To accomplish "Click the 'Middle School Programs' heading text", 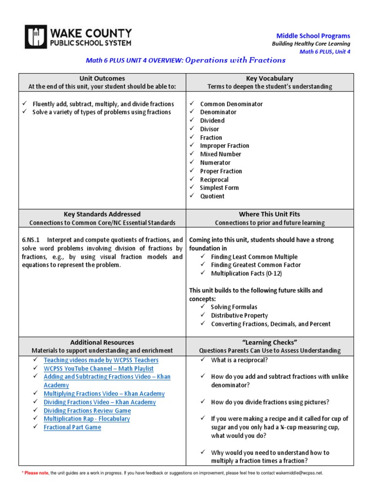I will [313, 36].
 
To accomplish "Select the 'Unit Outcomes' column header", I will [102, 78].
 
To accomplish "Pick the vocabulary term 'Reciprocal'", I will [215, 179].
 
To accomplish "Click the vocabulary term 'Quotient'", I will [212, 196].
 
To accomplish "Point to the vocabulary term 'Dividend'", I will [212, 121].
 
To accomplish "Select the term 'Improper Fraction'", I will [225, 146].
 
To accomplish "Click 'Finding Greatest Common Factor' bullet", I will [256, 265].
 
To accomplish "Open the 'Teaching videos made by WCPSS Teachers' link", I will [101, 360].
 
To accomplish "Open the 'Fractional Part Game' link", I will [72, 427].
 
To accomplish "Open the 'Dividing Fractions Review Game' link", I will [87, 411].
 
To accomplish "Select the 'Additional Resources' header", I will [102, 342].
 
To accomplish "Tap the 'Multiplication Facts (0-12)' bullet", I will [246, 273].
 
